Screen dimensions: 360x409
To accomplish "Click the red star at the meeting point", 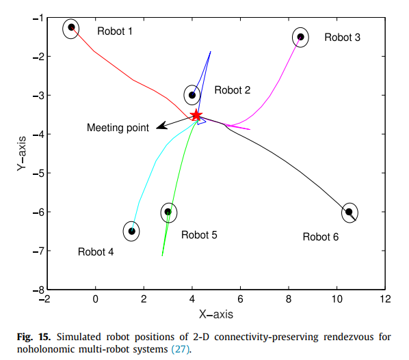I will (x=196, y=115).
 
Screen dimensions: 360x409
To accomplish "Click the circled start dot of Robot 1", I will (x=71, y=28).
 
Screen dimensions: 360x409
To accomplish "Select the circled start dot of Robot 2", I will (x=192, y=95).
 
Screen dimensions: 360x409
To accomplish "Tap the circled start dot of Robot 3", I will (x=300, y=37).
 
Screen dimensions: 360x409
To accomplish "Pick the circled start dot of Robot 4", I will (x=131, y=231).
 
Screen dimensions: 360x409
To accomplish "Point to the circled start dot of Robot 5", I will (x=168, y=212).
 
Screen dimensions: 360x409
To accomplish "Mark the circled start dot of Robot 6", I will (x=349, y=212).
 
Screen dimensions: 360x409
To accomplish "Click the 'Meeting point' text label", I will (x=118, y=128).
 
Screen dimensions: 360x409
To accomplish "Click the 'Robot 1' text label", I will (x=115, y=31).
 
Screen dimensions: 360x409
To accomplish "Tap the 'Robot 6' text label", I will (x=320, y=236).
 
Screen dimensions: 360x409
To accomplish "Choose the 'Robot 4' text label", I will (x=96, y=251).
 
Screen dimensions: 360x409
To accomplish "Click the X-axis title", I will (x=215, y=315).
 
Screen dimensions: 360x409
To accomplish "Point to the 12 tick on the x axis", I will (x=385, y=299).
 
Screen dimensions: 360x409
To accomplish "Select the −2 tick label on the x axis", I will (x=46, y=299).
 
